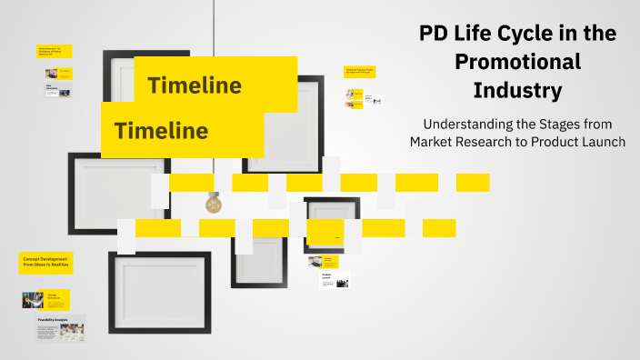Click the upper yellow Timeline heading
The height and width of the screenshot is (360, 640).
pyautogui.click(x=195, y=86)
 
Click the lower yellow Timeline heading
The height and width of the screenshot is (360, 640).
pyautogui.click(x=161, y=131)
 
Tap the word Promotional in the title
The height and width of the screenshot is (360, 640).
pyautogui.click(x=517, y=62)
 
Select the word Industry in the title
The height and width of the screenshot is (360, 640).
pyautogui.click(x=517, y=91)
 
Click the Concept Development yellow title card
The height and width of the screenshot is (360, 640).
pyautogui.click(x=46, y=264)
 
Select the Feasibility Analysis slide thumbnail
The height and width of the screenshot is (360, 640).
pyautogui.click(x=61, y=327)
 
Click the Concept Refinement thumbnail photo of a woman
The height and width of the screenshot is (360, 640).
pyautogui.click(x=33, y=300)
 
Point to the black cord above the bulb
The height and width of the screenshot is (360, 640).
pyautogui.click(x=214, y=91)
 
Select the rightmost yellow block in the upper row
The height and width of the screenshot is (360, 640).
pyautogui.click(x=473, y=183)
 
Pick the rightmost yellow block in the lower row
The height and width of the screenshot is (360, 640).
pyautogui.click(x=439, y=228)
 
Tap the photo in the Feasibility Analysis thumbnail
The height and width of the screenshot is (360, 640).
pyautogui.click(x=72, y=332)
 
